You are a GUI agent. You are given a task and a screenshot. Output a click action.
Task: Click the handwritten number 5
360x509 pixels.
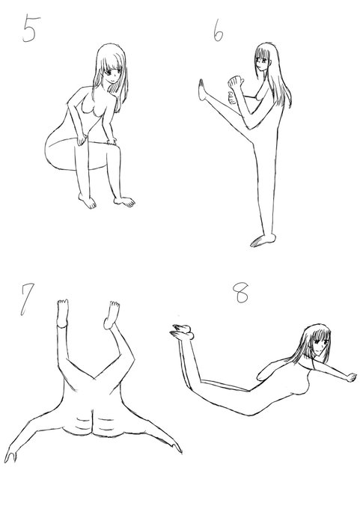pos(31,28)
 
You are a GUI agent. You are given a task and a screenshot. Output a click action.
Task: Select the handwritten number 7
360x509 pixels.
pos(27,299)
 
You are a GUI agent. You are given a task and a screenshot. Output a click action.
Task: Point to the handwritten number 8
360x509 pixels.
pos(241,293)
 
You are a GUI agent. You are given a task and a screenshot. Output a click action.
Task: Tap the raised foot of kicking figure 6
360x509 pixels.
pos(201,90)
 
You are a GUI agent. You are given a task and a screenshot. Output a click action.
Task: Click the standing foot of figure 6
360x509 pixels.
pos(263,240)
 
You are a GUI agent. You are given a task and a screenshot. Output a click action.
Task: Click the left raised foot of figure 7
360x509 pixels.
pos(63,313)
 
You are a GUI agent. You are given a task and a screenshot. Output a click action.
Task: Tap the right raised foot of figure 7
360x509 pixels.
pos(112,315)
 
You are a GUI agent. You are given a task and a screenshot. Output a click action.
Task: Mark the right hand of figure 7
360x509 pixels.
pos(177,448)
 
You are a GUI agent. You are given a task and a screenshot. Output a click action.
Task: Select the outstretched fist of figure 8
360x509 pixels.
pos(352,377)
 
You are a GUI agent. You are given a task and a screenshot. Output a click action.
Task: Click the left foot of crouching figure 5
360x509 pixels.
pos(88,201)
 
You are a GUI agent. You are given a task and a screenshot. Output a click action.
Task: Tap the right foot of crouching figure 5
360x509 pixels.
pos(125,201)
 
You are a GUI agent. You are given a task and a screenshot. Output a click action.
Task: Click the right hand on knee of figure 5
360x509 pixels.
pos(112,141)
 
